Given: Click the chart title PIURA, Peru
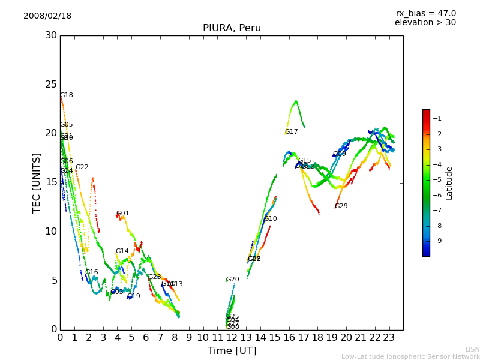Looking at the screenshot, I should (x=232, y=28).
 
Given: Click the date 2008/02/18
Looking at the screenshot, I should (x=47, y=16).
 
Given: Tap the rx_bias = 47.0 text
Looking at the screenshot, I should (x=425, y=14).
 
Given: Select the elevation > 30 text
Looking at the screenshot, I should (x=425, y=23).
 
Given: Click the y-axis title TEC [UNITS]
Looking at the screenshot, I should (x=37, y=182).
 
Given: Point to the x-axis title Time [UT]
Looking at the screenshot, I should (x=232, y=351).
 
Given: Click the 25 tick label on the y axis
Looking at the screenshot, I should (x=51, y=85).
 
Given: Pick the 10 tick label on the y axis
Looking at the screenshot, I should (x=51, y=232).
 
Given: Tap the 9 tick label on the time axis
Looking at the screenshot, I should (x=189, y=338).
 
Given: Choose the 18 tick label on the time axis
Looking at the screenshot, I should (x=318, y=338).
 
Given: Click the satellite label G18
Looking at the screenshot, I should (x=67, y=95).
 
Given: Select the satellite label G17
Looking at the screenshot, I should (x=291, y=132).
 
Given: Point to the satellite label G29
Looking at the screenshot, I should (x=341, y=206).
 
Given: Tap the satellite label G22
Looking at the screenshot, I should (x=82, y=167).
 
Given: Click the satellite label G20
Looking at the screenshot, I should (x=232, y=280).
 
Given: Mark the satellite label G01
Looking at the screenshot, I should (x=122, y=214).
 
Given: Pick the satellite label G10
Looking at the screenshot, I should (x=270, y=219).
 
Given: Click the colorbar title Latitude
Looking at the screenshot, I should (x=449, y=183).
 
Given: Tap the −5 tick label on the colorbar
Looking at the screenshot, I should (x=437, y=179).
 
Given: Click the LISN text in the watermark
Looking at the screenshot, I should (x=472, y=349).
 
